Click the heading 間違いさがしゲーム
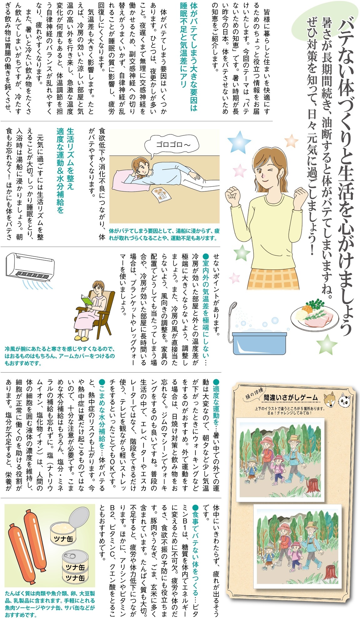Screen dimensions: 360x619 click(x=291, y=398)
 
